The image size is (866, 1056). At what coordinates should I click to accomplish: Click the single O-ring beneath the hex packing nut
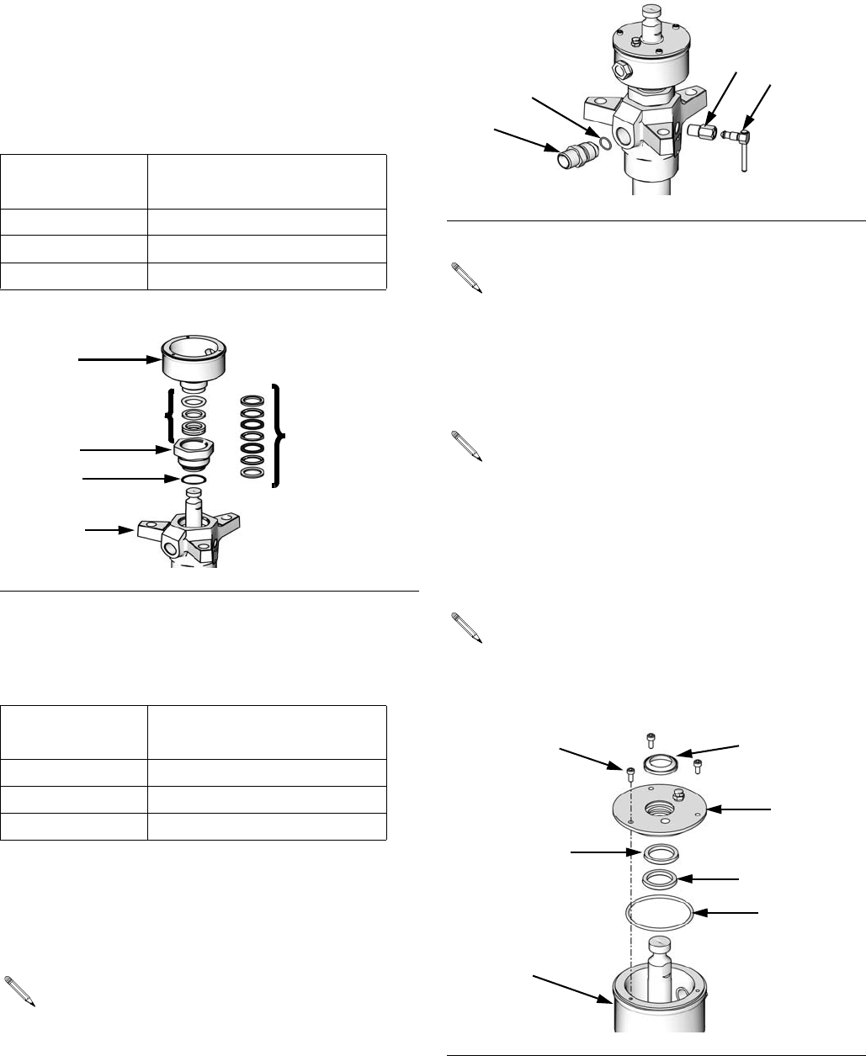click(x=194, y=479)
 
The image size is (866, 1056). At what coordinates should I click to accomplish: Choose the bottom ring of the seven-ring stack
click(x=251, y=473)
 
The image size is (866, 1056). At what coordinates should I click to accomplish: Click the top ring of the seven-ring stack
click(x=251, y=401)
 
